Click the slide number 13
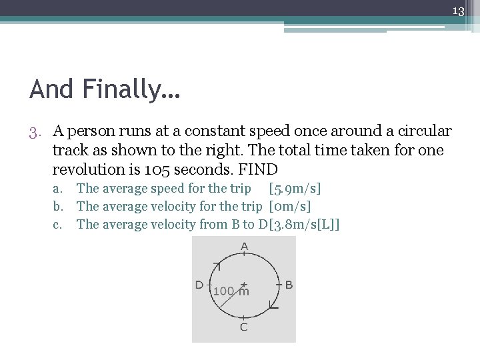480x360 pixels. pos(458,11)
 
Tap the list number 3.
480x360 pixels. pos(37,131)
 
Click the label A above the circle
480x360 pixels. pos(245,247)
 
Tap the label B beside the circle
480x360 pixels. pos(289,285)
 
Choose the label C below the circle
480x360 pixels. pos(244,327)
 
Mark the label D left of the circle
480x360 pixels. pos(199,285)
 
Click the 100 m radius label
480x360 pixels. pos(231,291)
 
